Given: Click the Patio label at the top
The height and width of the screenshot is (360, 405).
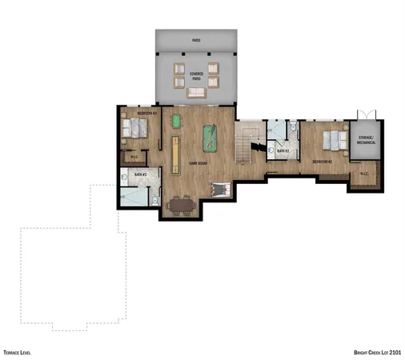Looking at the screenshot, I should (196, 39).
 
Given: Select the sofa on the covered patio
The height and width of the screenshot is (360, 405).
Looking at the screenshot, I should (196, 94).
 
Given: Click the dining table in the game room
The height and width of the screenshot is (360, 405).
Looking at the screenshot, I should (182, 205).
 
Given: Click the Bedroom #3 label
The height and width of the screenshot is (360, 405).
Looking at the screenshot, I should (146, 114).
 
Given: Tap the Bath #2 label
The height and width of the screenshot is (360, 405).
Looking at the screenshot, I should (283, 150).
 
